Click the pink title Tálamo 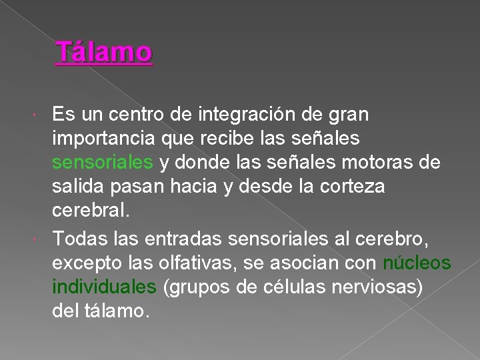pos(104,52)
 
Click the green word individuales pos(104,287)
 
